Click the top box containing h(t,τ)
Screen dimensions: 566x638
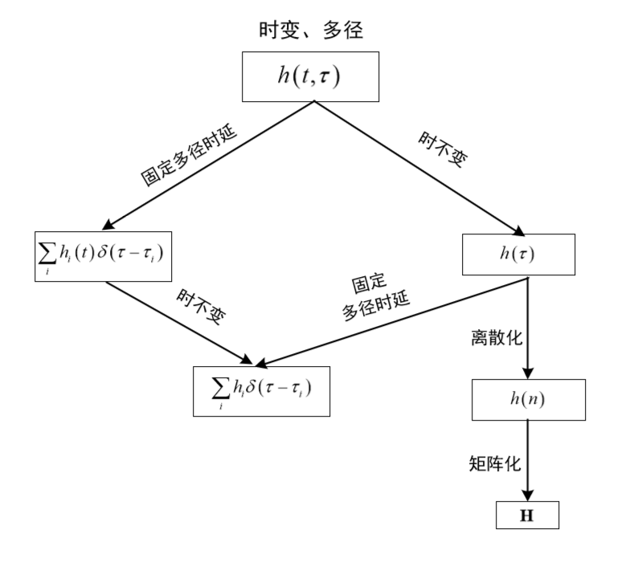pyautogui.click(x=310, y=77)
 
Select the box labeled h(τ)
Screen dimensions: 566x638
pyautogui.click(x=518, y=254)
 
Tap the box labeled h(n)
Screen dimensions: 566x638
pyautogui.click(x=528, y=400)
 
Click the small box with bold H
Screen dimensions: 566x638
pyautogui.click(x=527, y=515)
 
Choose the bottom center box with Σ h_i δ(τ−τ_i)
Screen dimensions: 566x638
pyautogui.click(x=261, y=391)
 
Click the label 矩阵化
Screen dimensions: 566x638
pyautogui.click(x=496, y=463)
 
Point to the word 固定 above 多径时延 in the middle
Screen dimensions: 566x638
pyautogui.click(x=369, y=284)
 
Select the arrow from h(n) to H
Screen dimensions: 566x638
pyautogui.click(x=528, y=458)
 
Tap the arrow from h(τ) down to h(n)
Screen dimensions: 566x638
pyautogui.click(x=528, y=325)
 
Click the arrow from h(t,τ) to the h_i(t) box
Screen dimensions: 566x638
pyautogui.click(x=209, y=165)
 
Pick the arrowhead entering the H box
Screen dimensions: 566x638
pyautogui.click(x=528, y=494)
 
